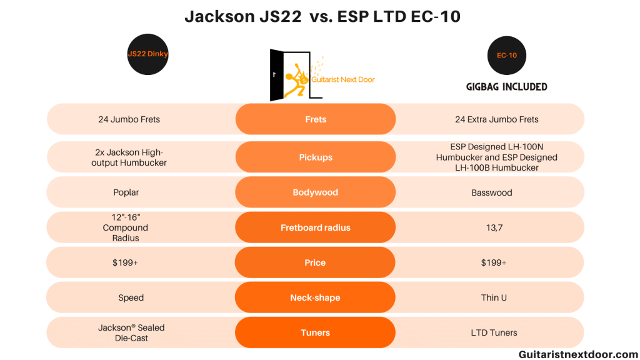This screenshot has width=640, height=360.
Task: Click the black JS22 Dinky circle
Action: (x=147, y=54)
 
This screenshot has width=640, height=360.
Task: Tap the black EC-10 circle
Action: (x=506, y=56)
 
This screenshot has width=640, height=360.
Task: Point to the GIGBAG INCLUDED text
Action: (x=506, y=87)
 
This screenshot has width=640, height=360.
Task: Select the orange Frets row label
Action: (x=316, y=119)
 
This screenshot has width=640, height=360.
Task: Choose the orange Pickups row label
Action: (x=316, y=157)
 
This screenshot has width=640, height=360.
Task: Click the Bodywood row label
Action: (x=316, y=192)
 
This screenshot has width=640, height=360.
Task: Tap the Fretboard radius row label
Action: (x=316, y=227)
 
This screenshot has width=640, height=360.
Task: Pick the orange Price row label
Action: (x=316, y=262)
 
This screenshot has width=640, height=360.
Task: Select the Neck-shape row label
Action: (x=316, y=297)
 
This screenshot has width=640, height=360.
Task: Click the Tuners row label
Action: (x=316, y=332)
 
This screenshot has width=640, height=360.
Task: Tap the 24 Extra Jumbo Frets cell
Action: (x=494, y=119)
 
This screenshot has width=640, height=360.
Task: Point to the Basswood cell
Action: (x=492, y=192)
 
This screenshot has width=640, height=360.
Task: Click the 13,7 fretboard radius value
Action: (x=494, y=228)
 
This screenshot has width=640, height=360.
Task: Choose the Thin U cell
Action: (x=494, y=297)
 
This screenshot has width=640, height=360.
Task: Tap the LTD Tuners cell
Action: (x=494, y=332)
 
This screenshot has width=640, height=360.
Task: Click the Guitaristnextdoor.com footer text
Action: (x=577, y=354)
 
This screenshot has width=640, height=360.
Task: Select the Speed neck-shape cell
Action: (x=131, y=297)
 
